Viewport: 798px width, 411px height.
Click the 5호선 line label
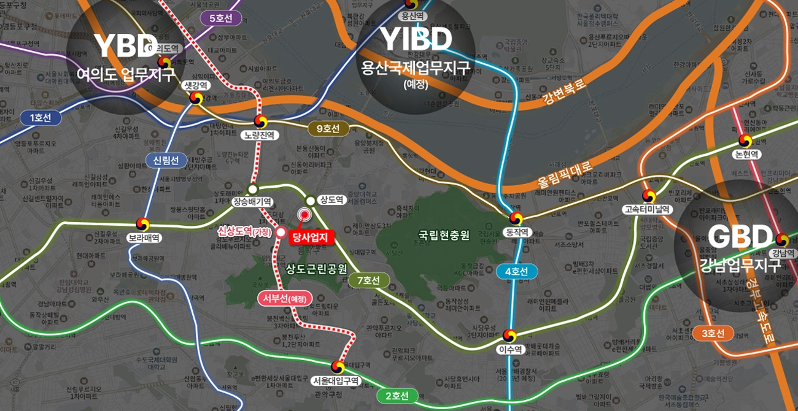tap(221, 18)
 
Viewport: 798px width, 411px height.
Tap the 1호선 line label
tap(41, 118)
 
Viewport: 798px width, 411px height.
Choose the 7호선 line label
tap(368, 280)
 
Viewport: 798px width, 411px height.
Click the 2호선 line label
tap(397, 396)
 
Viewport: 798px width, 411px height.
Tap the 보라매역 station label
tap(144, 237)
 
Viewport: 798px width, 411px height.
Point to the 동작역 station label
tap(516, 232)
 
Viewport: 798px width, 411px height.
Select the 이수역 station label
tap(509, 350)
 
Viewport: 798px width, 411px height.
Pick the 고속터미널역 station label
tap(647, 209)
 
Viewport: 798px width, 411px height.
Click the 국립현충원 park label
tap(444, 234)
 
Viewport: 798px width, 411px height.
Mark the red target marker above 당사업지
tap(304, 214)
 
